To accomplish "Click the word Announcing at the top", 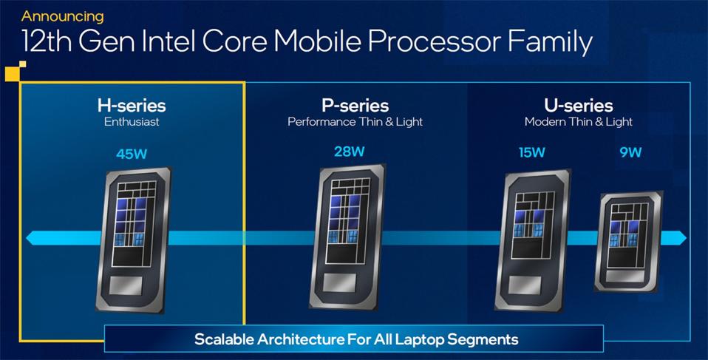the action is [62, 16].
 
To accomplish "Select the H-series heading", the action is [132, 106].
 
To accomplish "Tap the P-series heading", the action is [355, 106].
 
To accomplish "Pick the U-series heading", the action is [579, 106].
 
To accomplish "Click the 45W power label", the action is [132, 154].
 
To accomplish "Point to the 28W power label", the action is [349, 152].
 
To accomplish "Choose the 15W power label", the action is [531, 153].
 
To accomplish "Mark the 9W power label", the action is [630, 153].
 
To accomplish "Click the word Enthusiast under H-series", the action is [132, 122].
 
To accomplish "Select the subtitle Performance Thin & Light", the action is [355, 122].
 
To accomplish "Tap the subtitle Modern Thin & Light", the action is [579, 122].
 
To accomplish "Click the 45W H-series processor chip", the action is [133, 240].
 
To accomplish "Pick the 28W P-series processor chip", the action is [347, 237].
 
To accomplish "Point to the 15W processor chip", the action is [533, 240].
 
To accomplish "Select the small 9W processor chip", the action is [628, 242].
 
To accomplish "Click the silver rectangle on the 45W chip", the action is [127, 285].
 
